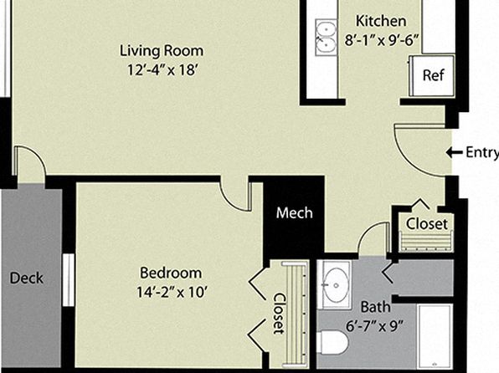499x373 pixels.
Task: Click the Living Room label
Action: (162, 52)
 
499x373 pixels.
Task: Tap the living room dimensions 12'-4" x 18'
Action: (163, 70)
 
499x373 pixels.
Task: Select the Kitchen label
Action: (381, 21)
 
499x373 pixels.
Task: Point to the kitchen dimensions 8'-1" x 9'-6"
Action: (381, 40)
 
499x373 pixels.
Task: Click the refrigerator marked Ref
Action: (432, 75)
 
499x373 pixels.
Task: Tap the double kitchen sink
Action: (326, 37)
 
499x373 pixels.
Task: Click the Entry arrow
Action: (454, 152)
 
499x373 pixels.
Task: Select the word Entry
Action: (482, 153)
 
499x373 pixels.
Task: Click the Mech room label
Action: (295, 213)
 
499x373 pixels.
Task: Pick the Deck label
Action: (27, 278)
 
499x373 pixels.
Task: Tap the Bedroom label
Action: (171, 273)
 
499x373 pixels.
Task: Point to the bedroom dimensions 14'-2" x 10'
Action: (172, 292)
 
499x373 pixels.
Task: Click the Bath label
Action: (376, 307)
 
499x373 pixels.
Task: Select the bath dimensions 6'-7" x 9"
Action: (374, 326)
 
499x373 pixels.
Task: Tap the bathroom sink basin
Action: (335, 285)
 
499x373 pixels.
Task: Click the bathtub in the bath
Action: (435, 337)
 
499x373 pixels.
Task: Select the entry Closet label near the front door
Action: (427, 224)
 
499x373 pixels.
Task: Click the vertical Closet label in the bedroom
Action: (280, 314)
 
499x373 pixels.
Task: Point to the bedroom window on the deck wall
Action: (69, 280)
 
